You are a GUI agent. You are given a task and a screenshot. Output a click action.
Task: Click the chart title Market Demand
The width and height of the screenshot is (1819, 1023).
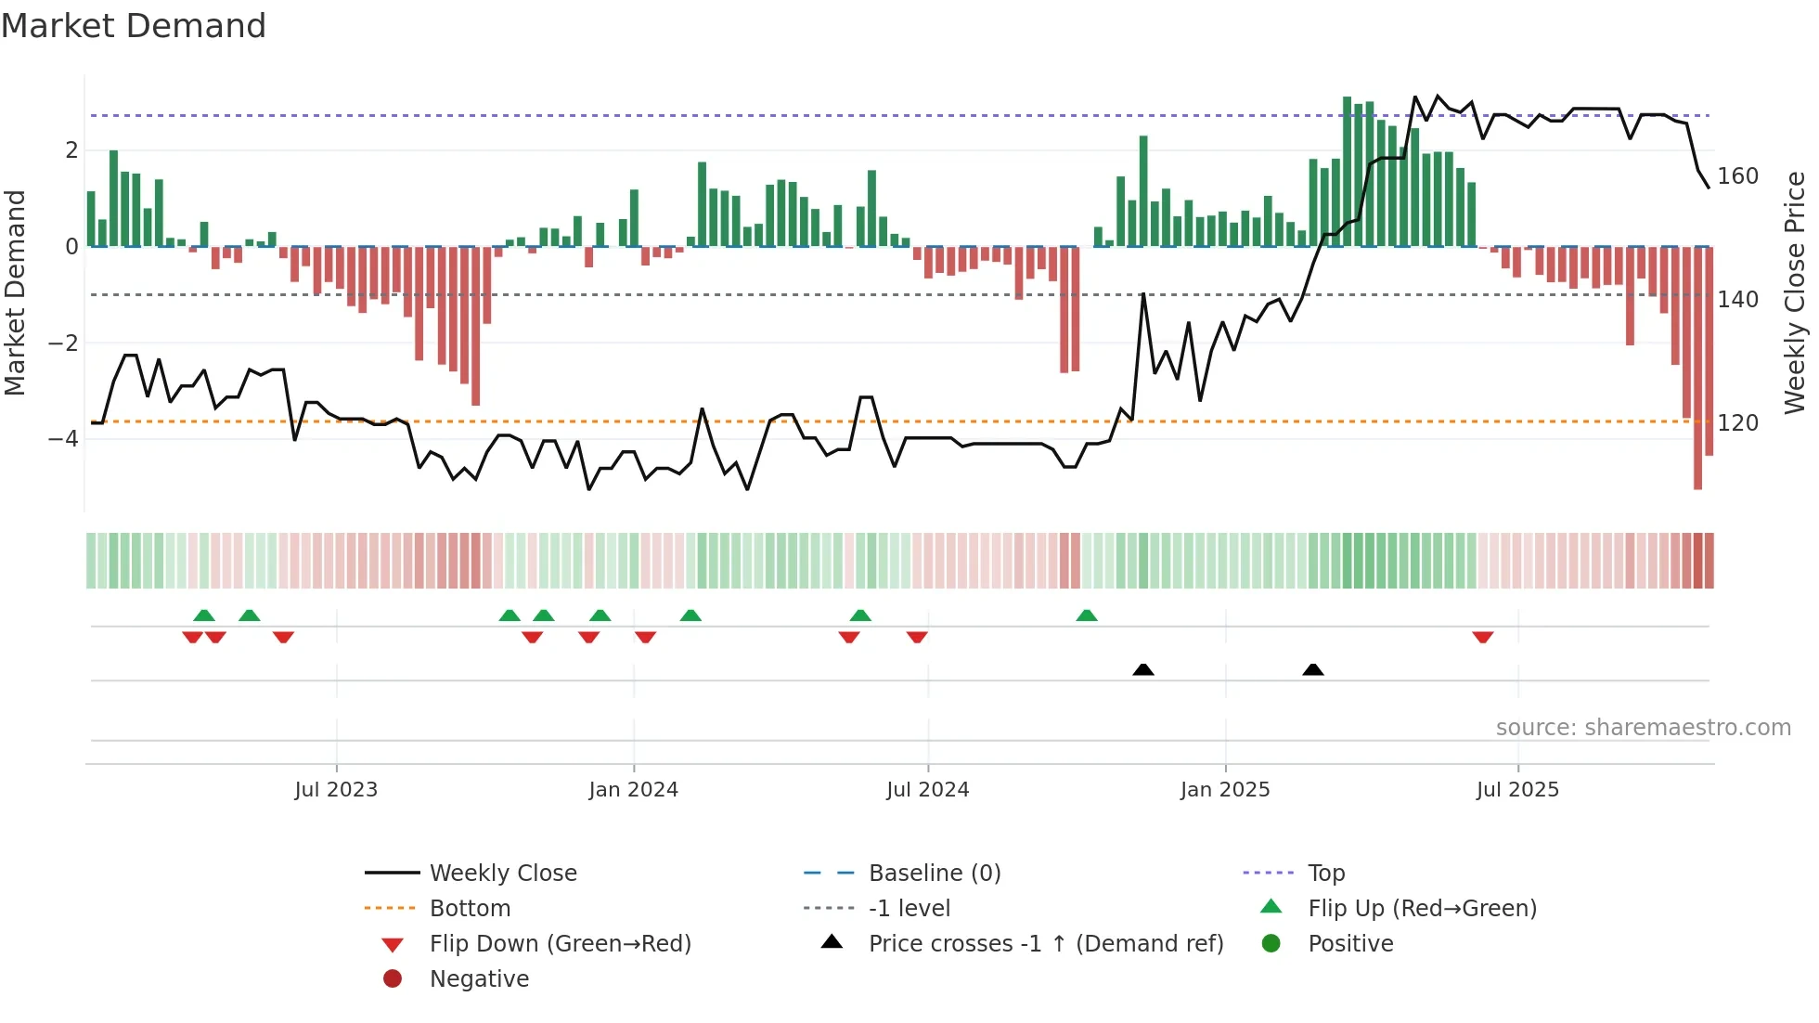134,26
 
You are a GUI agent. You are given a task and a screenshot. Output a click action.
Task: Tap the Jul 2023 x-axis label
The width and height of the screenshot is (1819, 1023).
336,790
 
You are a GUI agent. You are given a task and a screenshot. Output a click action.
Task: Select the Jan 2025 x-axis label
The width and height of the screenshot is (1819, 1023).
1225,790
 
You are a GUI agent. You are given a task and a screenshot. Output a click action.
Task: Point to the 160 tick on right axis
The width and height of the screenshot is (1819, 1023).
1737,176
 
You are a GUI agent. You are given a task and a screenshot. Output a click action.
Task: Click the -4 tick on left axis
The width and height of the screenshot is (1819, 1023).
64,438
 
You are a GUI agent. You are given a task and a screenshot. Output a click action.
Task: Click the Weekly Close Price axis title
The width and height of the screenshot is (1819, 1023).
1795,292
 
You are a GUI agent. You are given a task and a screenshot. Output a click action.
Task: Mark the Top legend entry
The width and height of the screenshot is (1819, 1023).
1326,874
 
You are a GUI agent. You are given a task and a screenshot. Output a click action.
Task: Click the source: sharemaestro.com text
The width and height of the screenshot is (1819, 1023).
1643,728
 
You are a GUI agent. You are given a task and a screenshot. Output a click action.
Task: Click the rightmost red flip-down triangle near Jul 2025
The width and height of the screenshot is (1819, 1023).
1482,637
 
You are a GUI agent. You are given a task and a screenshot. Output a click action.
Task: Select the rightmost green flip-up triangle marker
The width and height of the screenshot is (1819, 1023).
1087,615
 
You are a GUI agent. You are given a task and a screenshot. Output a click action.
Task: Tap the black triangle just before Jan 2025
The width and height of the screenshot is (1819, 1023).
1143,669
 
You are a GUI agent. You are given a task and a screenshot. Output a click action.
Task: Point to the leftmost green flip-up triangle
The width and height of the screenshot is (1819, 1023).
204,615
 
